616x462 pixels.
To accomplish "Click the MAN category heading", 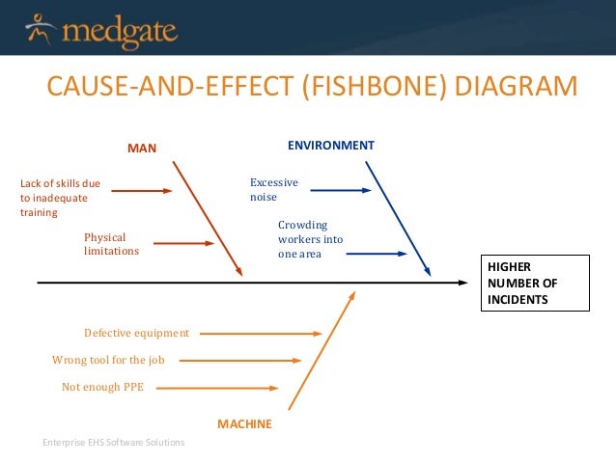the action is [x=142, y=148].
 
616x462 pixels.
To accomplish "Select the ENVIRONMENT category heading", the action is [x=331, y=145].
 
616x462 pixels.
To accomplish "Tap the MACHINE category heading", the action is [x=244, y=423].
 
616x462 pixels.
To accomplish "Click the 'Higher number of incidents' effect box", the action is [x=534, y=283].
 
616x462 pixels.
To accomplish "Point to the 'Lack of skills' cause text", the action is [x=61, y=197].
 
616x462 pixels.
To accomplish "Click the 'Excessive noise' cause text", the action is [x=273, y=189].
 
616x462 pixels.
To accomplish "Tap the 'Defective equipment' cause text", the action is [x=136, y=333].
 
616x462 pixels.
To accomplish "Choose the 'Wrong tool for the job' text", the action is [x=108, y=360].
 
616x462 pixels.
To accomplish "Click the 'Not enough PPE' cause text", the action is [x=104, y=387].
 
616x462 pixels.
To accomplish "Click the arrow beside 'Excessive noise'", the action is [x=339, y=190].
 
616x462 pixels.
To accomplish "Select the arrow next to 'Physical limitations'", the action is [x=183, y=243].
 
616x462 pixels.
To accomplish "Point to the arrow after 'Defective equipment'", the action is [x=261, y=334].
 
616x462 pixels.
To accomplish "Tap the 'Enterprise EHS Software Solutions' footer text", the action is [x=113, y=442].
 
